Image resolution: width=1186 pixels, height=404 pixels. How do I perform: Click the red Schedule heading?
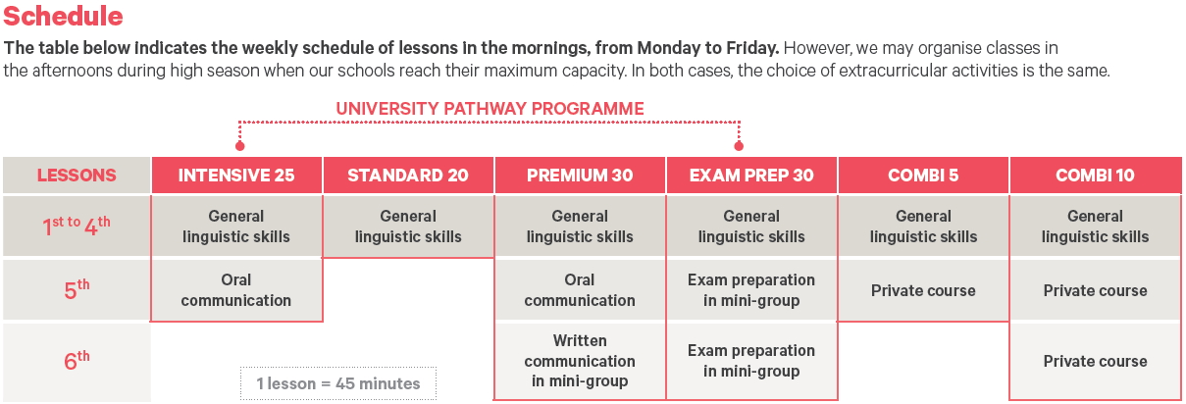(x=63, y=16)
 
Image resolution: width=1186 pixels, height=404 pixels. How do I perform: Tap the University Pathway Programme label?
(x=490, y=109)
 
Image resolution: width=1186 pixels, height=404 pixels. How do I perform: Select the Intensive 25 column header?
(x=236, y=176)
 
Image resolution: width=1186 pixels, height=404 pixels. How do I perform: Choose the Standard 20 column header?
(x=408, y=176)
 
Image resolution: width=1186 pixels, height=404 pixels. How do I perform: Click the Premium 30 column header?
(x=580, y=176)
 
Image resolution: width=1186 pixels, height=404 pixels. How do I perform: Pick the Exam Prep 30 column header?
(x=751, y=176)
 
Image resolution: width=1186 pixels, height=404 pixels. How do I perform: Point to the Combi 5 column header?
(x=923, y=176)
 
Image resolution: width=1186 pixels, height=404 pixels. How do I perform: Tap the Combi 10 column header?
(x=1096, y=176)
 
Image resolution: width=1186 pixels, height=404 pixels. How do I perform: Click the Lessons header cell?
(x=77, y=176)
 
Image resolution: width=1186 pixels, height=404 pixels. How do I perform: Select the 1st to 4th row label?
(x=77, y=227)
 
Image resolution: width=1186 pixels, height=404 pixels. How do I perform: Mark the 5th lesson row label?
(x=77, y=289)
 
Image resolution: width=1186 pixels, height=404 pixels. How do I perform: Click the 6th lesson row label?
(x=77, y=361)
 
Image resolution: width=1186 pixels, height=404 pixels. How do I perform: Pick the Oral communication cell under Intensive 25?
(x=236, y=289)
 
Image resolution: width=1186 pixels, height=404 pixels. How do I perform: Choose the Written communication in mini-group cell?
(x=580, y=361)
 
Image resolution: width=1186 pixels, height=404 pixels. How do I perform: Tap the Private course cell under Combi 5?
(x=923, y=290)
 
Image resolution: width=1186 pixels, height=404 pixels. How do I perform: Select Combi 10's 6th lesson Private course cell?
(x=1096, y=361)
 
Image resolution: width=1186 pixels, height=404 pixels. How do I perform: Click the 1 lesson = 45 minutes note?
(x=338, y=383)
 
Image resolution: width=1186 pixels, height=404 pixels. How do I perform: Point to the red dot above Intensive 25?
(x=239, y=145)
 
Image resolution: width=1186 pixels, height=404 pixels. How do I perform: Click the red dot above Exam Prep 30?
(x=739, y=145)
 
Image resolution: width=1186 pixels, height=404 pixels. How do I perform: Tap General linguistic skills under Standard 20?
(x=408, y=227)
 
